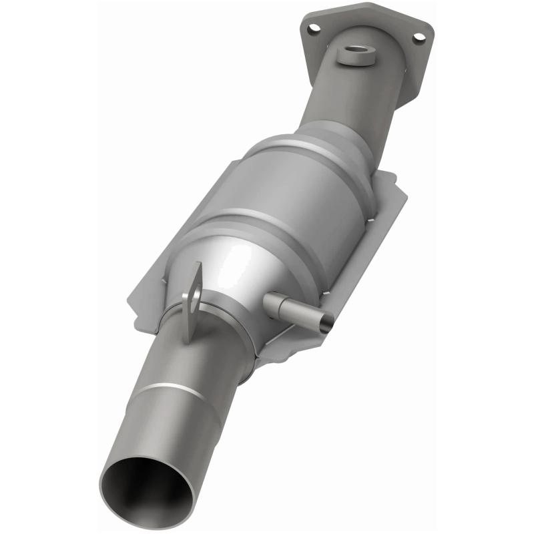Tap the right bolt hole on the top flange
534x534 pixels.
[419, 38]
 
